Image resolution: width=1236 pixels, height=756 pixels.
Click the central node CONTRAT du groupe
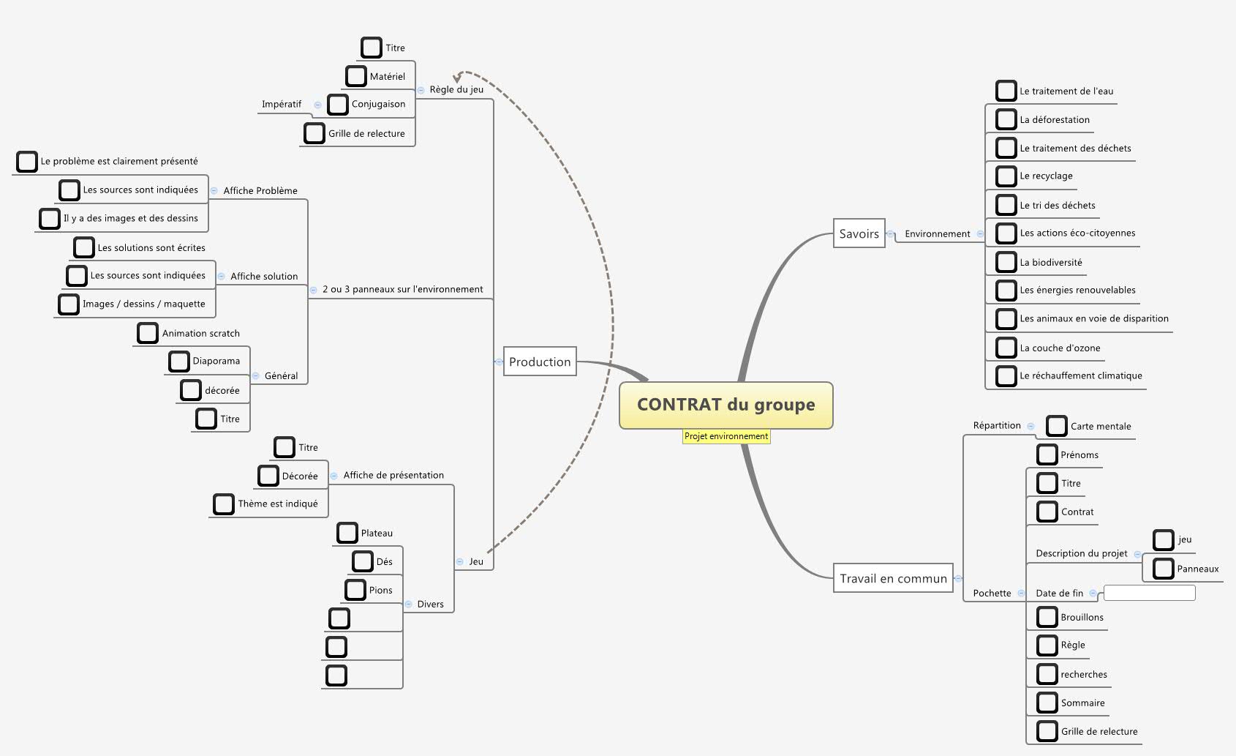coord(726,405)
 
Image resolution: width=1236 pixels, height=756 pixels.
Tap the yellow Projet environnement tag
coord(726,436)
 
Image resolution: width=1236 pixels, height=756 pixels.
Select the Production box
coord(540,362)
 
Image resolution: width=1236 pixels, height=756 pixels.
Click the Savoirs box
coord(859,233)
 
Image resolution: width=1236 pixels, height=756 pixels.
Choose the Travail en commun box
coord(893,578)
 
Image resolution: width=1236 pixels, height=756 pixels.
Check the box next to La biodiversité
coord(1006,262)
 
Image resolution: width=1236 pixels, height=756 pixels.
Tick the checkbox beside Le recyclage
coord(1006,176)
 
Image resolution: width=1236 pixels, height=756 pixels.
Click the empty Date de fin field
coord(1149,593)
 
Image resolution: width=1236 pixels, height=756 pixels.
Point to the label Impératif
coord(282,104)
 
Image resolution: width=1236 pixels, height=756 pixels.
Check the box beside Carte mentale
coord(1057,426)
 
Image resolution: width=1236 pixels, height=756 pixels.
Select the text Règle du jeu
coord(456,89)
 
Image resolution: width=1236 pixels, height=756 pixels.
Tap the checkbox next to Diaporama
coord(179,361)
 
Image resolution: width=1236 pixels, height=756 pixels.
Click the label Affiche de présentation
coord(393,475)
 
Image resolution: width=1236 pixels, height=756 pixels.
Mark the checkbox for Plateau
coord(347,533)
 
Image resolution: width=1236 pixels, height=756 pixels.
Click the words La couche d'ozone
coord(1060,348)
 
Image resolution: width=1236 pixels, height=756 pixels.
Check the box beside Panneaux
coord(1164,569)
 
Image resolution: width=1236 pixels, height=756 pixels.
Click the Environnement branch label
coord(937,234)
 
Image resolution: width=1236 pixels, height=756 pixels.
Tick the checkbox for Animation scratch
coord(148,333)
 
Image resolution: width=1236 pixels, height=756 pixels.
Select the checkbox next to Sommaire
coord(1047,703)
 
